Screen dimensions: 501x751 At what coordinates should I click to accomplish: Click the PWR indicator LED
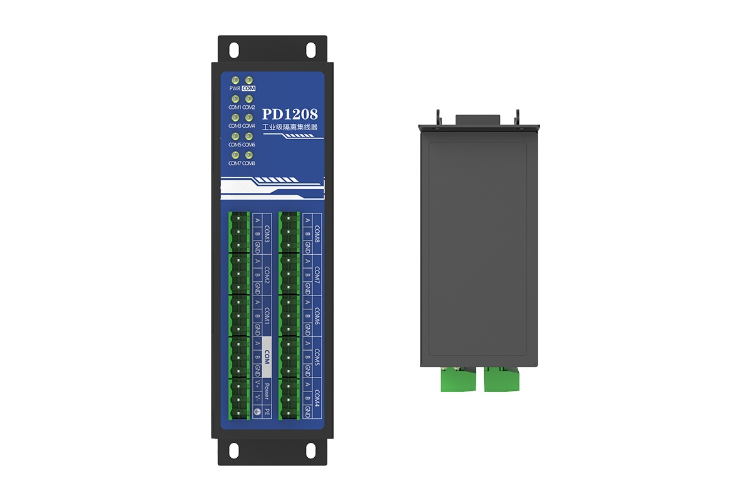pyautogui.click(x=235, y=80)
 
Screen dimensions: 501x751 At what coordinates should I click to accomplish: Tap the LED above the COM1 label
pyautogui.click(x=235, y=99)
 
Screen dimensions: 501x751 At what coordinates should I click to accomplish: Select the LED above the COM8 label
pyautogui.click(x=248, y=154)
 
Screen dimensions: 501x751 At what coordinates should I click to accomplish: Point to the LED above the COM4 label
pyautogui.click(x=248, y=117)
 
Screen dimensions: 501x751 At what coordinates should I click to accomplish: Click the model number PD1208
pyautogui.click(x=290, y=115)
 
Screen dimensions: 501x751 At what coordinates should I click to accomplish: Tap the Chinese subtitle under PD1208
pyautogui.click(x=290, y=127)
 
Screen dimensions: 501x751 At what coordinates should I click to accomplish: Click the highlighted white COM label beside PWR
pyautogui.click(x=248, y=89)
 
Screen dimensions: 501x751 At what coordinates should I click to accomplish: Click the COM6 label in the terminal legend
pyautogui.click(x=317, y=316)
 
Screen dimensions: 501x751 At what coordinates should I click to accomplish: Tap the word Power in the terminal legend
pyautogui.click(x=267, y=391)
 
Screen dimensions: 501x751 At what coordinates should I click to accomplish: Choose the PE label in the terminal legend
pyautogui.click(x=267, y=412)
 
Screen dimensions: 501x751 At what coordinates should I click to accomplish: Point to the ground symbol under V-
pyautogui.click(x=257, y=412)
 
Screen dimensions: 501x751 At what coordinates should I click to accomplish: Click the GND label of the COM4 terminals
pyautogui.click(x=307, y=412)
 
